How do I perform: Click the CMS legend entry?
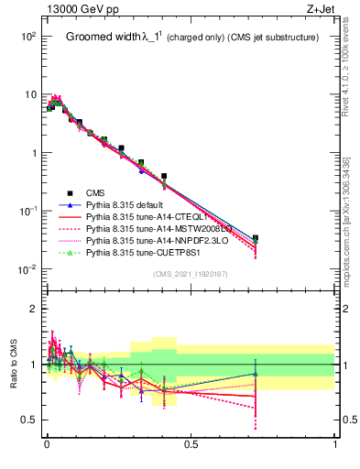98,192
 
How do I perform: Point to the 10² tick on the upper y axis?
27,37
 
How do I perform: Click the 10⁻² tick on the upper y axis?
27,269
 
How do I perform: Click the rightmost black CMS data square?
255,238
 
